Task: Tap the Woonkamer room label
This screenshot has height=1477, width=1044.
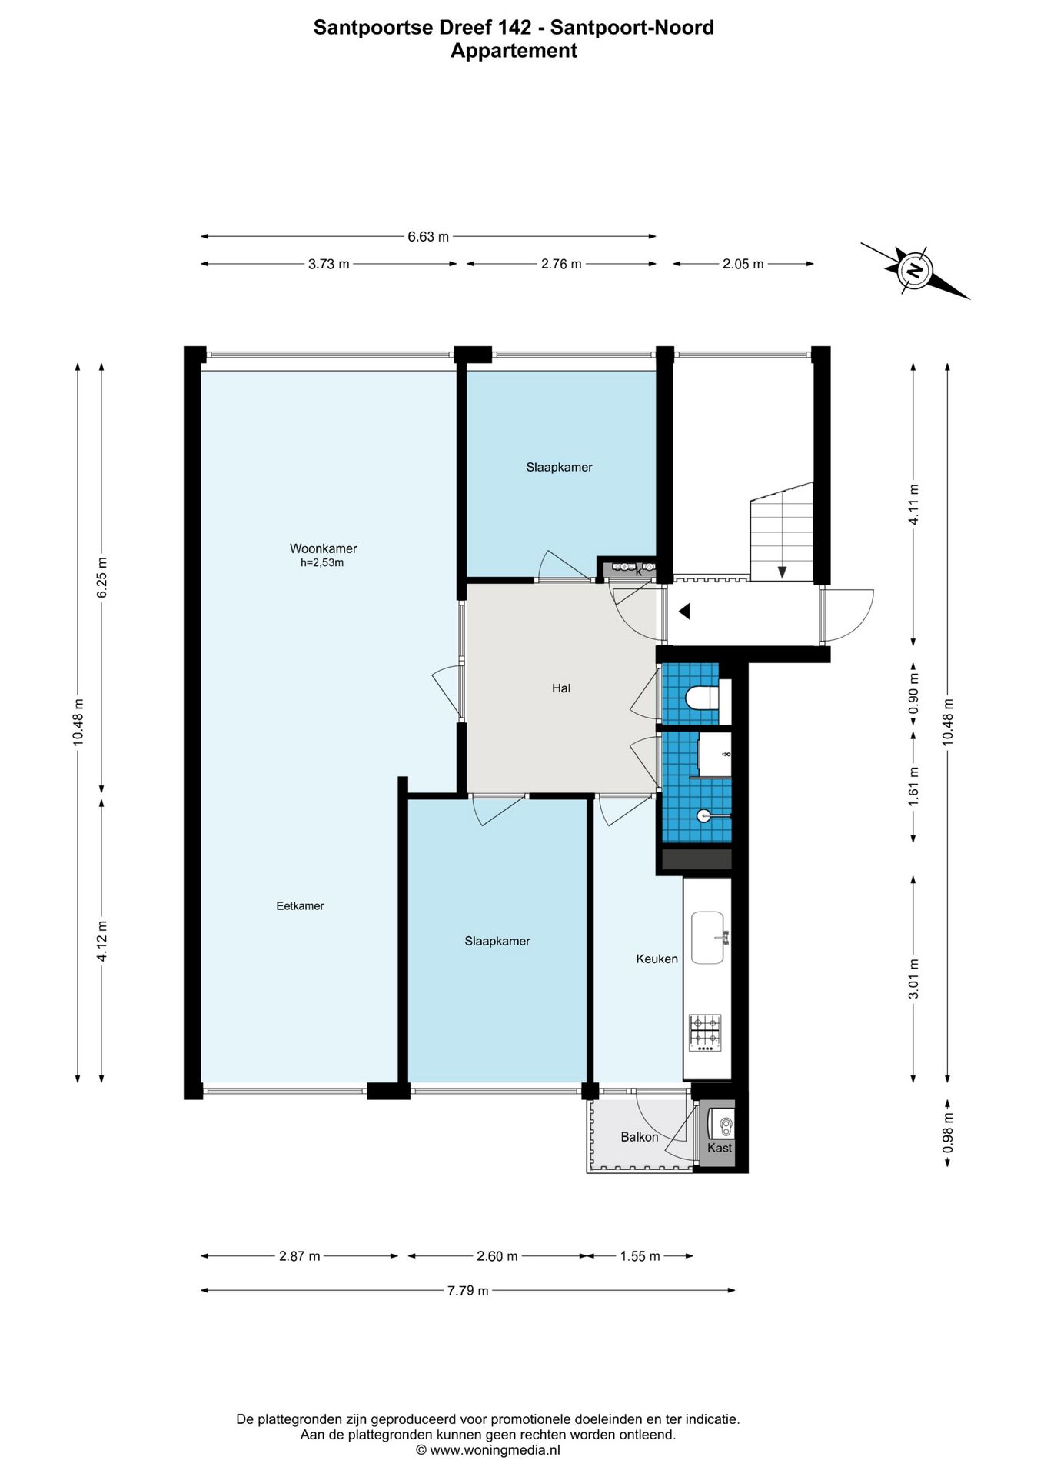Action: coord(323,548)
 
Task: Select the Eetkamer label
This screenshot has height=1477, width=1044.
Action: coord(300,905)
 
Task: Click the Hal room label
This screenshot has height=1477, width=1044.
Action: coord(561,688)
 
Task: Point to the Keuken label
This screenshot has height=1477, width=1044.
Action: coord(657,959)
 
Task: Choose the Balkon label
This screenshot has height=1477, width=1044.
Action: coord(640,1136)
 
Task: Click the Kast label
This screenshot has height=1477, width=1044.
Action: coord(720,1148)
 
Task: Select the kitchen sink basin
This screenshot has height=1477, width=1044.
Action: coord(708,937)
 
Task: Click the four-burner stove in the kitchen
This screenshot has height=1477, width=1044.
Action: coord(706,1032)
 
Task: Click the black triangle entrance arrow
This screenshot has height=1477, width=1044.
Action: coord(684,612)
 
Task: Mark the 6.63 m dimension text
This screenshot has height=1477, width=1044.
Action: coord(428,237)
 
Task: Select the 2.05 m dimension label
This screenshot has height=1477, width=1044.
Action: coord(743,264)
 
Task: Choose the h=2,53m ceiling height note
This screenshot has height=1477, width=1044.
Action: coord(322,562)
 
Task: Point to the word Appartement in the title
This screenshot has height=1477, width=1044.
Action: coord(514,51)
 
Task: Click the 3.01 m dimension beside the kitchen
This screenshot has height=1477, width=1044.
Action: coord(914,979)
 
